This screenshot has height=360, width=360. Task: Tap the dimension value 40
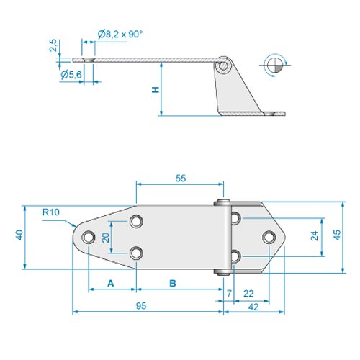point(20,235)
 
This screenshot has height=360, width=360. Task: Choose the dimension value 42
point(254,307)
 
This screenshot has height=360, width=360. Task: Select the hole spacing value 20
point(105,238)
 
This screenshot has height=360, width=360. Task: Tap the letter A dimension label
point(111,284)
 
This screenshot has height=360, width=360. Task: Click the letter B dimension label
point(173,284)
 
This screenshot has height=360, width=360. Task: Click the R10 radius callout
point(50,212)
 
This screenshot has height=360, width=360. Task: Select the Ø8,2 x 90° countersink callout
point(120,33)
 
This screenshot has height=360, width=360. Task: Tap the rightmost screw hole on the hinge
point(268,237)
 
